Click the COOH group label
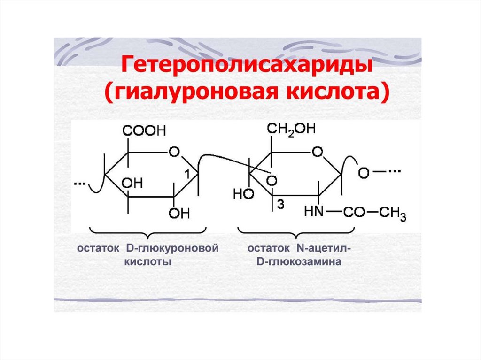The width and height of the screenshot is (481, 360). click(144, 131)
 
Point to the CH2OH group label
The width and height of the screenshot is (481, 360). click(292, 129)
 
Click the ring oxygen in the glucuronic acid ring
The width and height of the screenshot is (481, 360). click(174, 152)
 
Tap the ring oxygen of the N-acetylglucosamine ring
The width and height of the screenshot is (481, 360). click(318, 152)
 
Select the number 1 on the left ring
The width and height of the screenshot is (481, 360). click(187, 174)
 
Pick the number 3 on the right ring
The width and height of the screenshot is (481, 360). click(280, 205)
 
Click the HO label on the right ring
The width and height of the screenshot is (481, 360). click(243, 194)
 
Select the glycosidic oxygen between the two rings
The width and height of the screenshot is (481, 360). click(271, 180)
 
